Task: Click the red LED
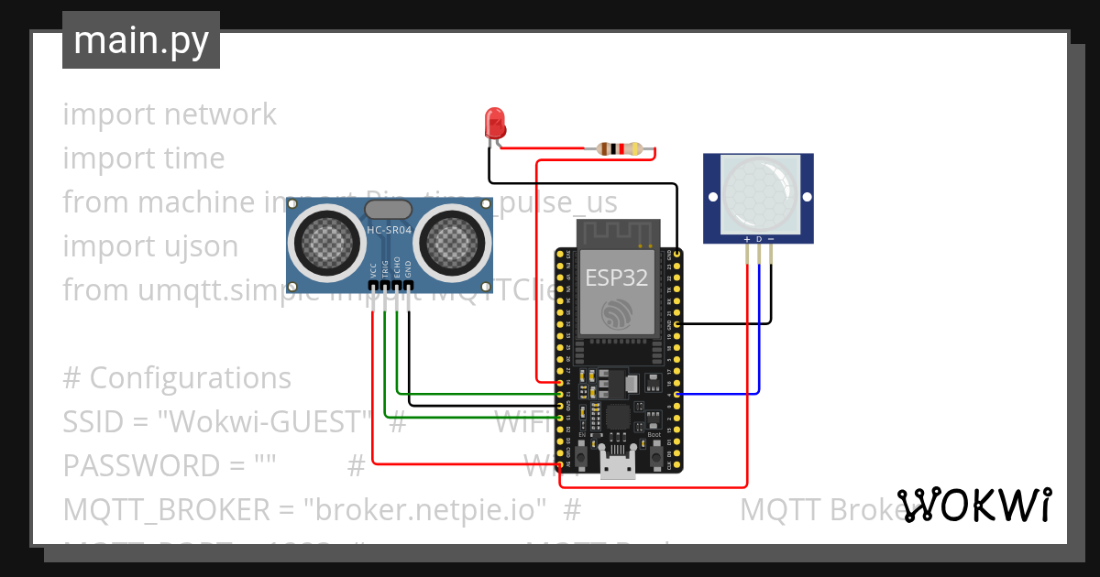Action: [x=494, y=122]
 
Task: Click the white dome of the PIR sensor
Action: [x=760, y=192]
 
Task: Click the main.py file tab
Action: [x=141, y=40]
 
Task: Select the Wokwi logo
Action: [x=973, y=506]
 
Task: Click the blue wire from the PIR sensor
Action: [x=759, y=330]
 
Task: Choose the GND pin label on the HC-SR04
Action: [x=409, y=270]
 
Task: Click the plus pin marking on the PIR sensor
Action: [x=747, y=239]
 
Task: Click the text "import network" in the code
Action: [x=170, y=114]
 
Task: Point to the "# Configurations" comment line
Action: [x=177, y=378]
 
